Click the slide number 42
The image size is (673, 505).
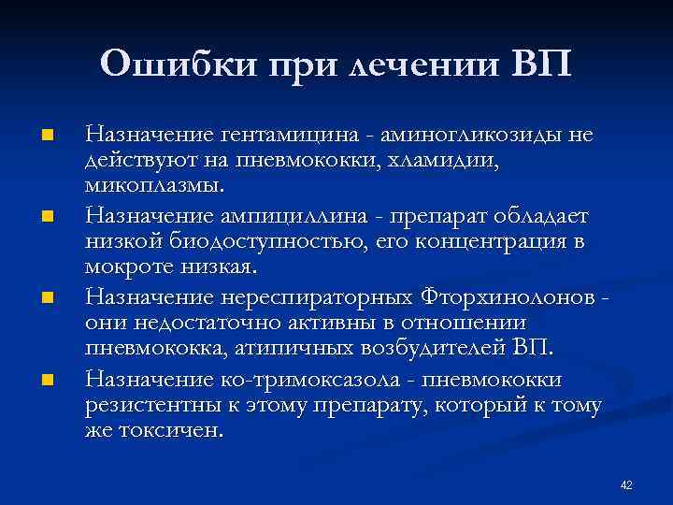[x=626, y=484]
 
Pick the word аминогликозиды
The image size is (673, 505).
[x=479, y=136]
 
